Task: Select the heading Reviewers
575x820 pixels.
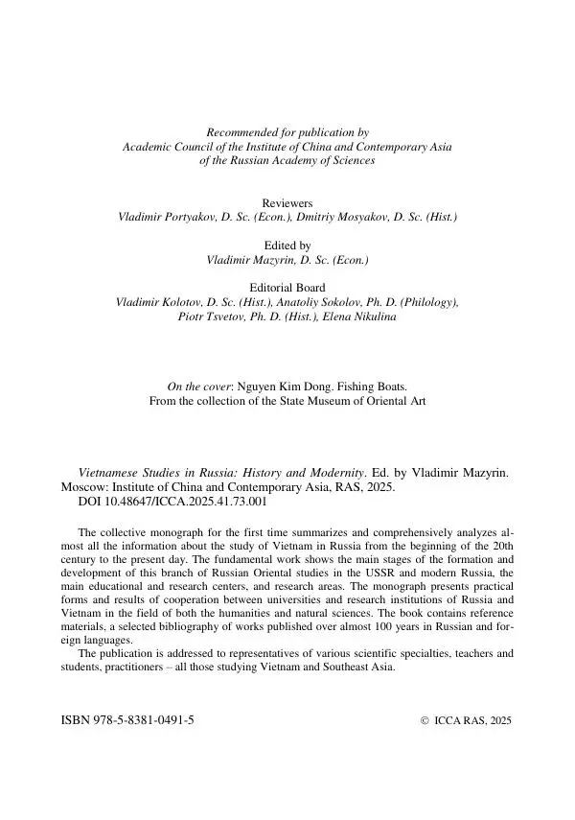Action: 287,203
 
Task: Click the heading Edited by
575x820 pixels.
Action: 287,246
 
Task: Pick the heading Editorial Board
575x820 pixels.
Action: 287,288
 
